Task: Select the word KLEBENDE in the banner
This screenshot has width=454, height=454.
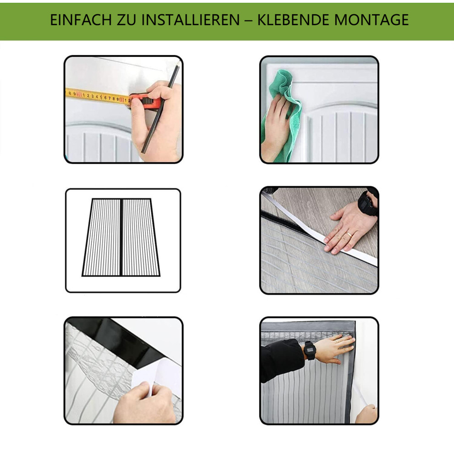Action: tap(293, 20)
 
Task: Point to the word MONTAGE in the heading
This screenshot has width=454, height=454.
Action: tap(371, 20)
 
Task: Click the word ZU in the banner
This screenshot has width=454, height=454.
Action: tap(127, 20)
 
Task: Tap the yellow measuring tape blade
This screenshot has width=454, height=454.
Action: tap(98, 96)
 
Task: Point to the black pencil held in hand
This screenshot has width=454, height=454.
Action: tap(161, 109)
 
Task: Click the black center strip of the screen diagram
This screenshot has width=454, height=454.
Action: tap(121, 237)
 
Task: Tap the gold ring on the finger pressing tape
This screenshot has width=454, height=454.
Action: tap(349, 235)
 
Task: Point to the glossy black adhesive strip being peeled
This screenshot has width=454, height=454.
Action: tap(122, 342)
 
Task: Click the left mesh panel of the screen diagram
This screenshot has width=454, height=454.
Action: tap(102, 237)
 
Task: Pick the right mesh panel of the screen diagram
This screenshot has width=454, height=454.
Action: tap(141, 237)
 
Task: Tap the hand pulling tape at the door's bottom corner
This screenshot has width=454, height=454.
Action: tap(366, 414)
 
